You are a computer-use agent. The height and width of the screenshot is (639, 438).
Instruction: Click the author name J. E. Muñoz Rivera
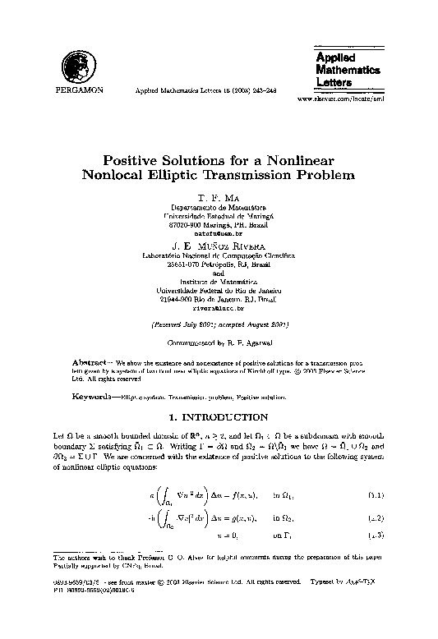pyautogui.click(x=219, y=246)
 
